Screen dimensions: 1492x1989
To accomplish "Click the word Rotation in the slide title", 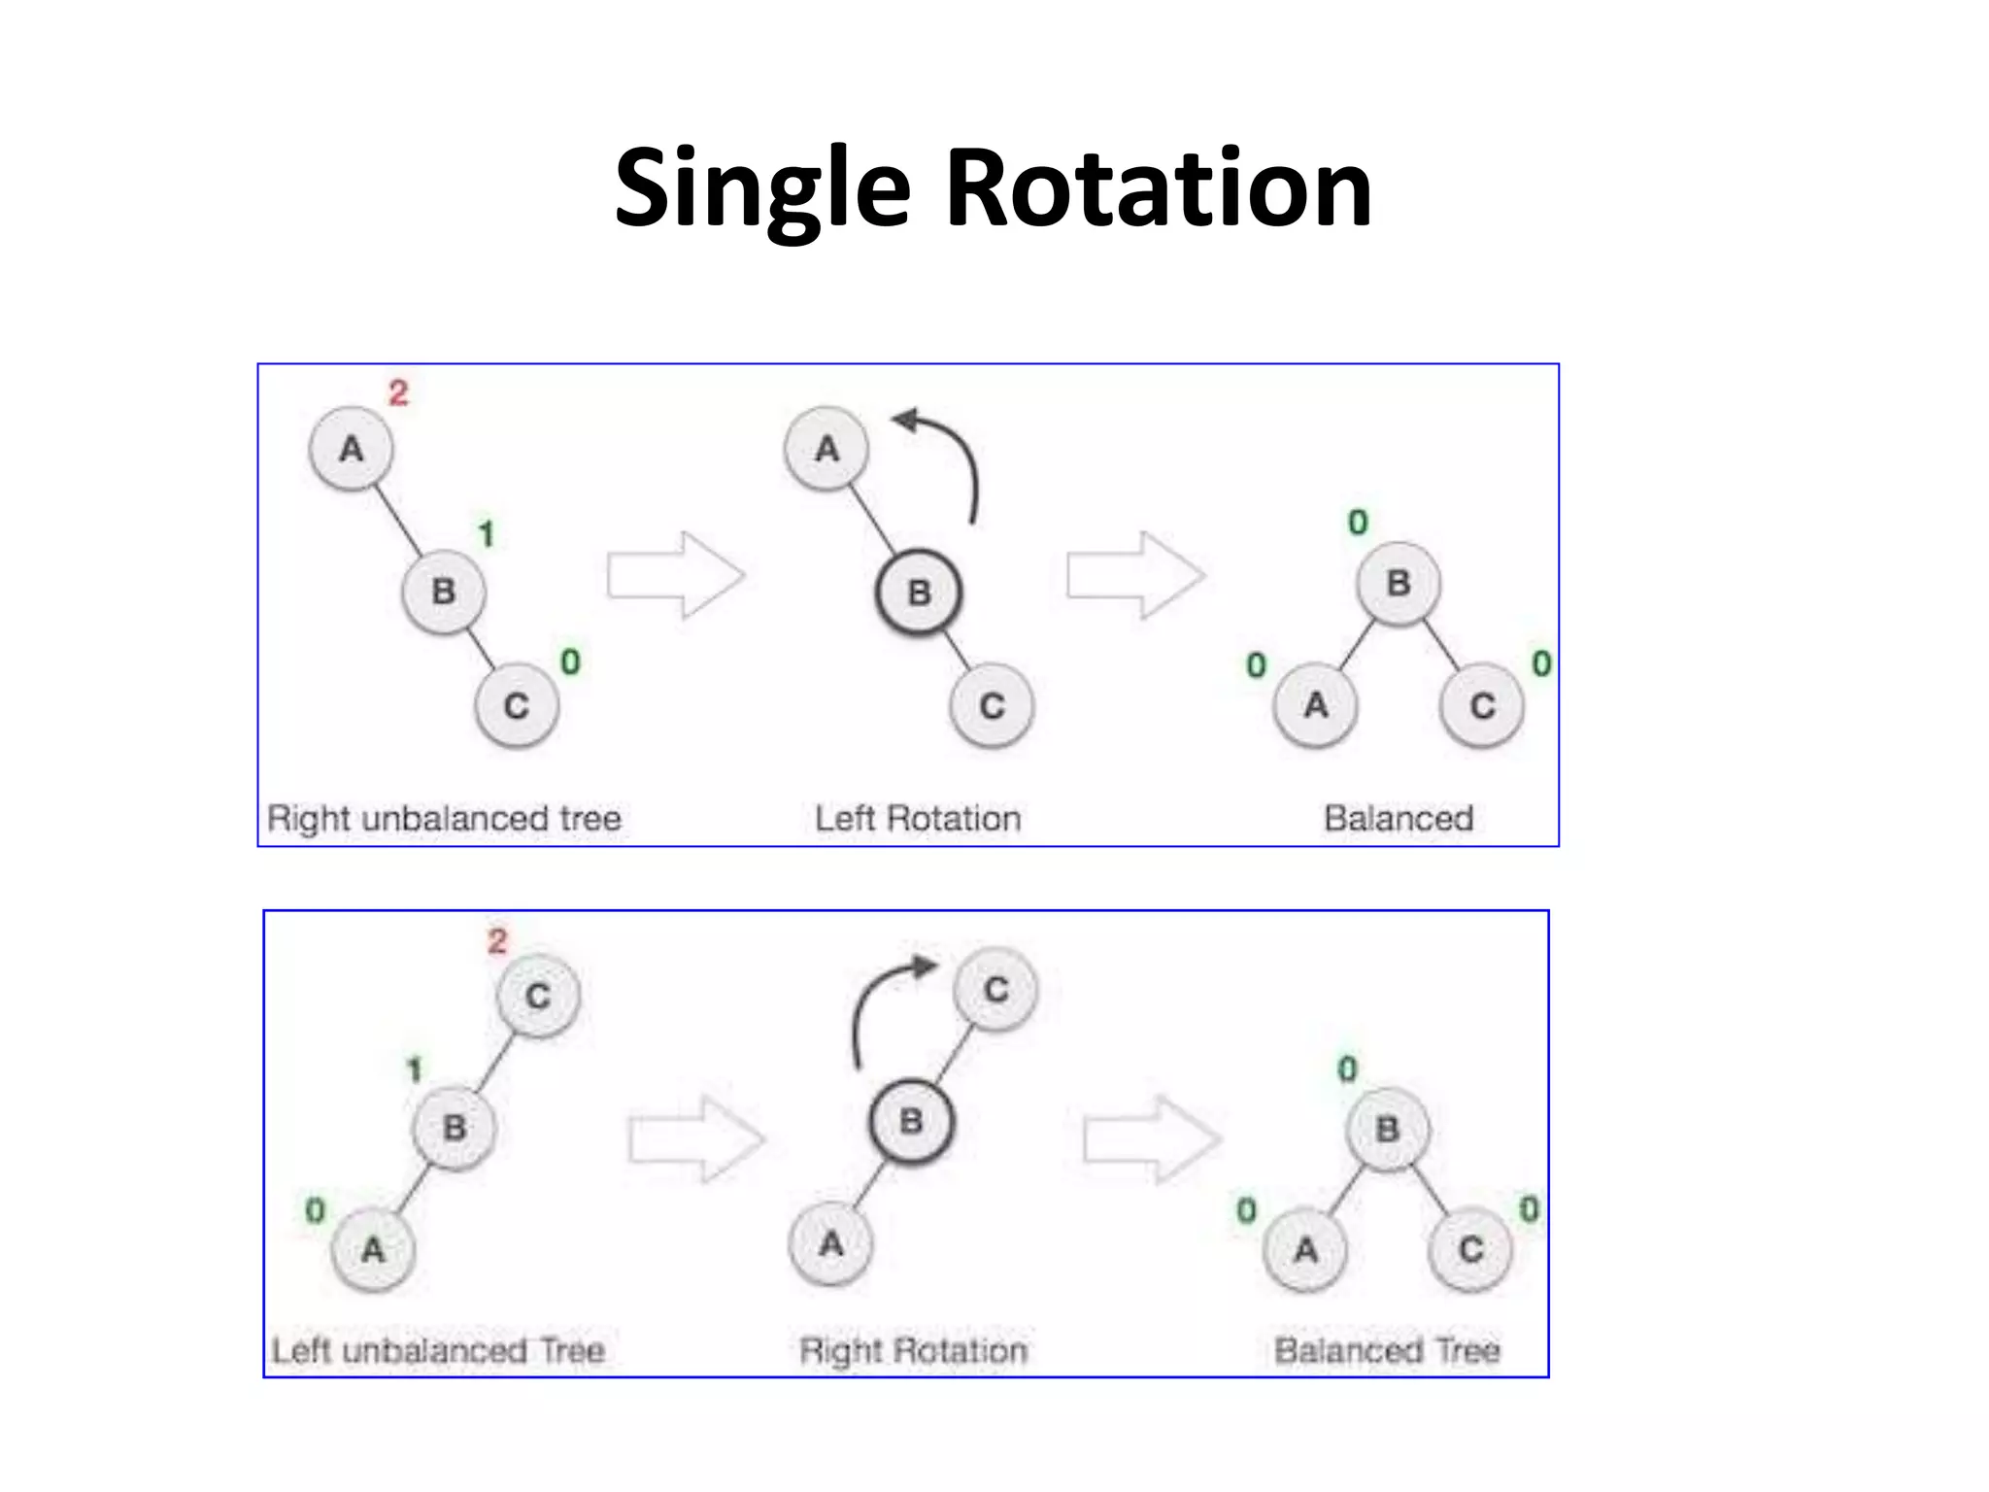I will (1158, 189).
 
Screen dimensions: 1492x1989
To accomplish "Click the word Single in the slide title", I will (761, 189).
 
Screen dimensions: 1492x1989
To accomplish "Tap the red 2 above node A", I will (398, 393).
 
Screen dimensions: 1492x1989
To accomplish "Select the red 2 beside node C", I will (497, 940).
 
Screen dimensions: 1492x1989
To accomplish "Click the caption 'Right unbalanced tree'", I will (444, 819).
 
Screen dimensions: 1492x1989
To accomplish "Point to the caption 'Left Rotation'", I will (918, 819).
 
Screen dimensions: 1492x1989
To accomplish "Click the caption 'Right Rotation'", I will (913, 1350).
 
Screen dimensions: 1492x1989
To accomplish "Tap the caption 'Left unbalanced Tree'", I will (438, 1350).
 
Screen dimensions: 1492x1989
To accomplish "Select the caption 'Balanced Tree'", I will (1387, 1350).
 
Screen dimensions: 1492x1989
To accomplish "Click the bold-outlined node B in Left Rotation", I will (919, 592).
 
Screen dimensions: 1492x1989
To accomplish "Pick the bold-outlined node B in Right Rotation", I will (911, 1122).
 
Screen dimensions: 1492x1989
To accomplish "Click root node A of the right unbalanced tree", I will (351, 449).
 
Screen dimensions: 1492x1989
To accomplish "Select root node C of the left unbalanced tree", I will (538, 996).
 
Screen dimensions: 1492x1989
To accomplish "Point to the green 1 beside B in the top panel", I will (487, 533).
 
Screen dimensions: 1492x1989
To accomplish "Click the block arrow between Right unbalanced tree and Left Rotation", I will (676, 575).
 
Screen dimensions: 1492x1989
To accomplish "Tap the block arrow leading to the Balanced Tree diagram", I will (1152, 1139).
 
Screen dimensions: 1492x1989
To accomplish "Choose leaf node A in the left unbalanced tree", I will (373, 1249).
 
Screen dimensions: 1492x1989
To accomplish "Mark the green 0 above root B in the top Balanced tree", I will (1358, 523).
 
